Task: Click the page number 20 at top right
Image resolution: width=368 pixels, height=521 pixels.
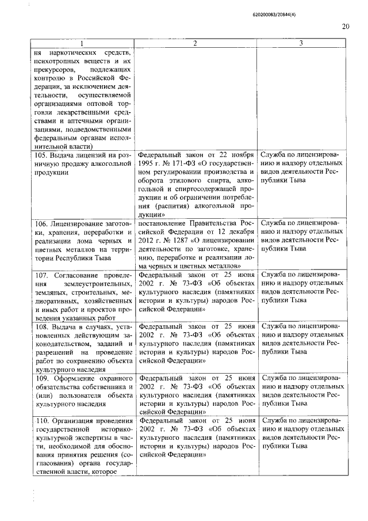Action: [x=345, y=26]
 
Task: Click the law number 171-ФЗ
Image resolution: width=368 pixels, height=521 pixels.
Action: [x=191, y=163]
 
